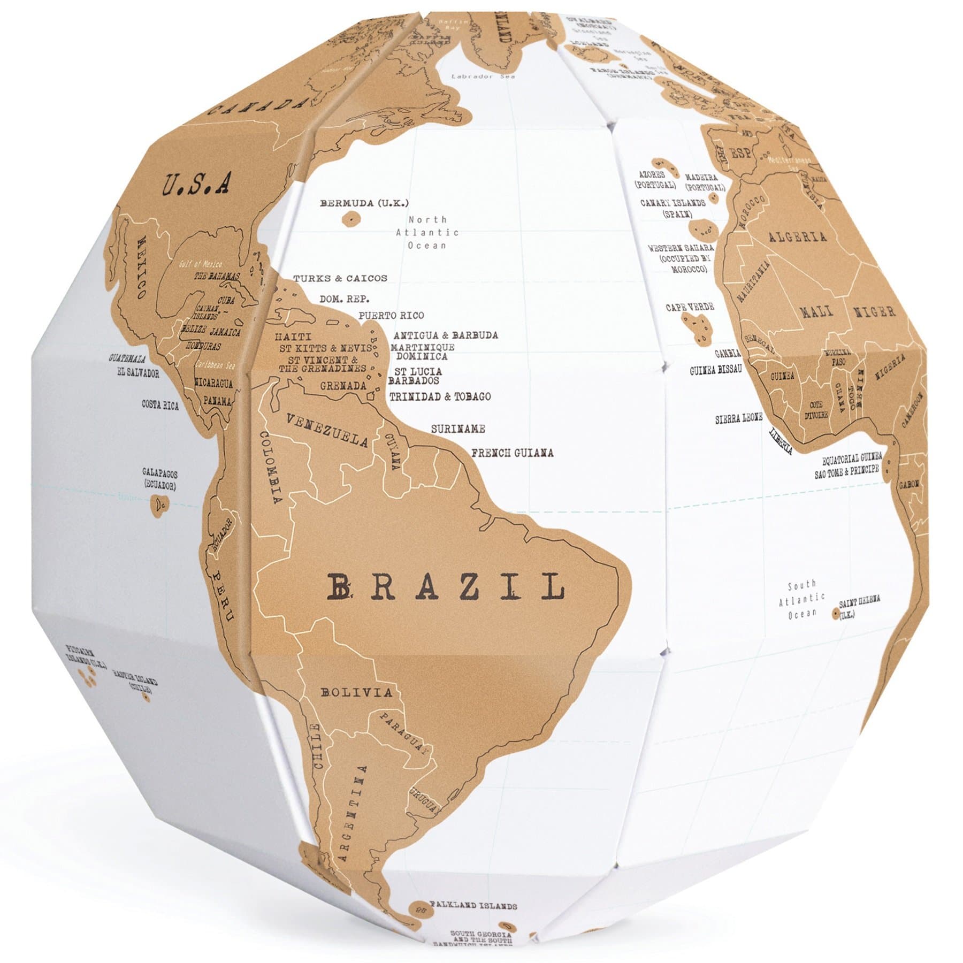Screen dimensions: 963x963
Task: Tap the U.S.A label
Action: (x=196, y=184)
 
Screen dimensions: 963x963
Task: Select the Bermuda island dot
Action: (x=350, y=218)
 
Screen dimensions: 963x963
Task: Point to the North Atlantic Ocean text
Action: (x=427, y=232)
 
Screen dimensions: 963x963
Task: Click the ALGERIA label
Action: (x=797, y=237)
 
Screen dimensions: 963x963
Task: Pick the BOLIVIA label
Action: (x=356, y=692)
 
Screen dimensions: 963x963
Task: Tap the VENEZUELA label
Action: (x=327, y=430)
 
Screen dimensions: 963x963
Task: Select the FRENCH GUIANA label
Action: (x=512, y=453)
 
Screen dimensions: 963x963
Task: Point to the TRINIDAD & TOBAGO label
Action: (x=440, y=396)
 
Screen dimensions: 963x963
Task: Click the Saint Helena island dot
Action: (x=835, y=614)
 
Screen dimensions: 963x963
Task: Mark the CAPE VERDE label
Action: (x=690, y=307)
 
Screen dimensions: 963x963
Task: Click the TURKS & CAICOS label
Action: (x=340, y=279)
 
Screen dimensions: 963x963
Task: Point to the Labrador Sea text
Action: (x=483, y=77)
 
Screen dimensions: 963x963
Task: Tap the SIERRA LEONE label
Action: (x=739, y=419)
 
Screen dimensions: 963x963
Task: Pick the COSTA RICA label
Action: (x=160, y=405)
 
